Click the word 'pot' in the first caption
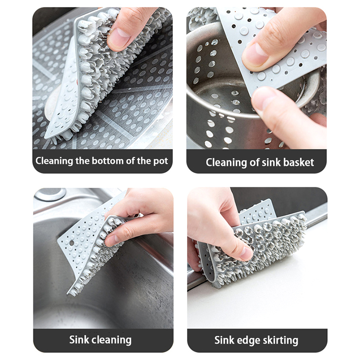pyautogui.click(x=161, y=162)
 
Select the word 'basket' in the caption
pyautogui.click(x=298, y=162)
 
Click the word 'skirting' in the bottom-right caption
pyautogui.click(x=280, y=341)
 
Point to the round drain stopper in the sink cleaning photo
pyautogui.click(x=50, y=194)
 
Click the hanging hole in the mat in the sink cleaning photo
pyautogui.click(x=72, y=243)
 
